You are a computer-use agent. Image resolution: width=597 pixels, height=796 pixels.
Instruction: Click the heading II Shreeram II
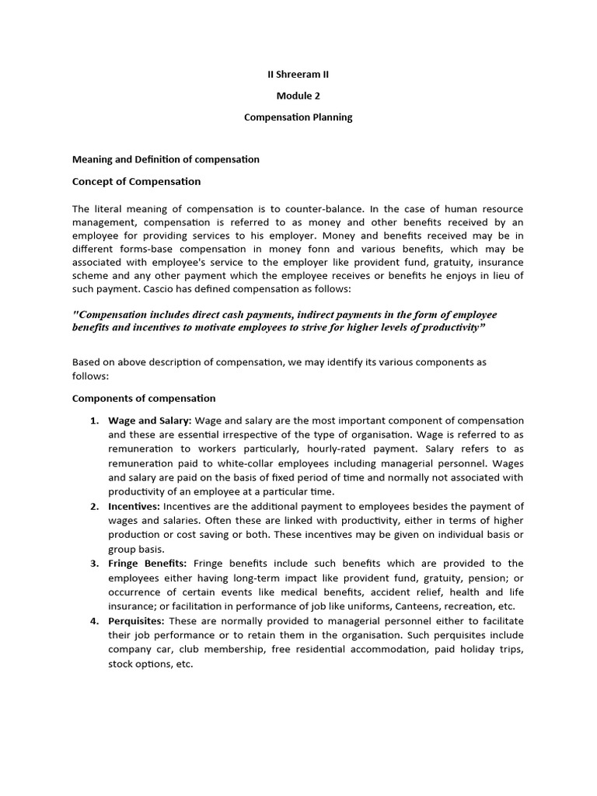(298, 75)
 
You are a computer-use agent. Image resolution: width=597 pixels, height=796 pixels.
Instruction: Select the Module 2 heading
(298, 96)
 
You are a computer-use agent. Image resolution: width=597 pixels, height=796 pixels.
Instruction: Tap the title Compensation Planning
(298, 117)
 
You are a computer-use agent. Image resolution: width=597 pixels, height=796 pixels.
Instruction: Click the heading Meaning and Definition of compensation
(166, 159)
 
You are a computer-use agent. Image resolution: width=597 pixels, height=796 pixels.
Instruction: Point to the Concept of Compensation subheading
(136, 182)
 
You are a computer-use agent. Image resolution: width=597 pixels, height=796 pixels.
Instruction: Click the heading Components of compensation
(144, 399)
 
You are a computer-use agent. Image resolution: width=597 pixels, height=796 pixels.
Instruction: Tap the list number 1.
(93, 421)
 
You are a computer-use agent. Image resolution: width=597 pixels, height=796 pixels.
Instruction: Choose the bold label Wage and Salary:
(150, 421)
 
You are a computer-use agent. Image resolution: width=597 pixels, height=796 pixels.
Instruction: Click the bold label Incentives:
(134, 506)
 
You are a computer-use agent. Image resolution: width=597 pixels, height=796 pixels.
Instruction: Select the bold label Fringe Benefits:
(147, 563)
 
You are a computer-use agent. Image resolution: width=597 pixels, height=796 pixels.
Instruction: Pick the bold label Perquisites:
(136, 620)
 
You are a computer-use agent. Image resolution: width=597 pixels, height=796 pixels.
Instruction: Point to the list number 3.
(93, 563)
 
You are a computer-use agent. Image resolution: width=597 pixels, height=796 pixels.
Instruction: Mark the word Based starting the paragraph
(86, 362)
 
